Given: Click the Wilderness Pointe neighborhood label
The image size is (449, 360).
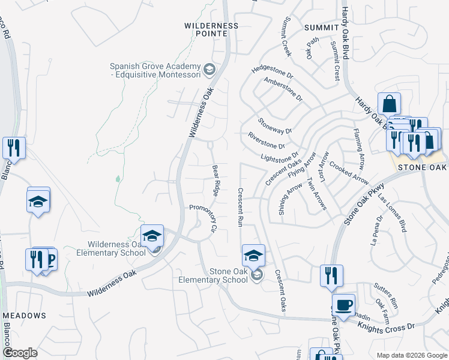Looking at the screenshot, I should pos(211,30).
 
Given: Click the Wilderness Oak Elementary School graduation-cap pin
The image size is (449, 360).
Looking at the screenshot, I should pos(152,236).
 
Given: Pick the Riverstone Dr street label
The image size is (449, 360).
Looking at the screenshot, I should pos(266,141).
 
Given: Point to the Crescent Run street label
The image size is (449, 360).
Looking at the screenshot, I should pos(240,207).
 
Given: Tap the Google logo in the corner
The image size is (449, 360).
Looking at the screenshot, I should pos(20,353).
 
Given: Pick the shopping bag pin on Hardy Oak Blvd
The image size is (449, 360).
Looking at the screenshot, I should pos(389,104).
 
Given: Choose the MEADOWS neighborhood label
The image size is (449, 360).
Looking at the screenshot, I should pos(24,315).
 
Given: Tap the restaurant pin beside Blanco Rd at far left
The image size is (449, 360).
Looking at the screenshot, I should pos(14,148).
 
